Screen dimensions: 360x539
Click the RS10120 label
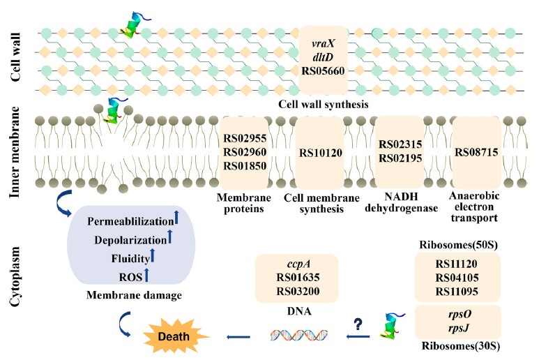click(x=320, y=153)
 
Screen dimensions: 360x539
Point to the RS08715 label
click(x=476, y=151)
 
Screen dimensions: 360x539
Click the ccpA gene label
click(x=297, y=264)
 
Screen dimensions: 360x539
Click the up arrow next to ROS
click(x=147, y=278)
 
